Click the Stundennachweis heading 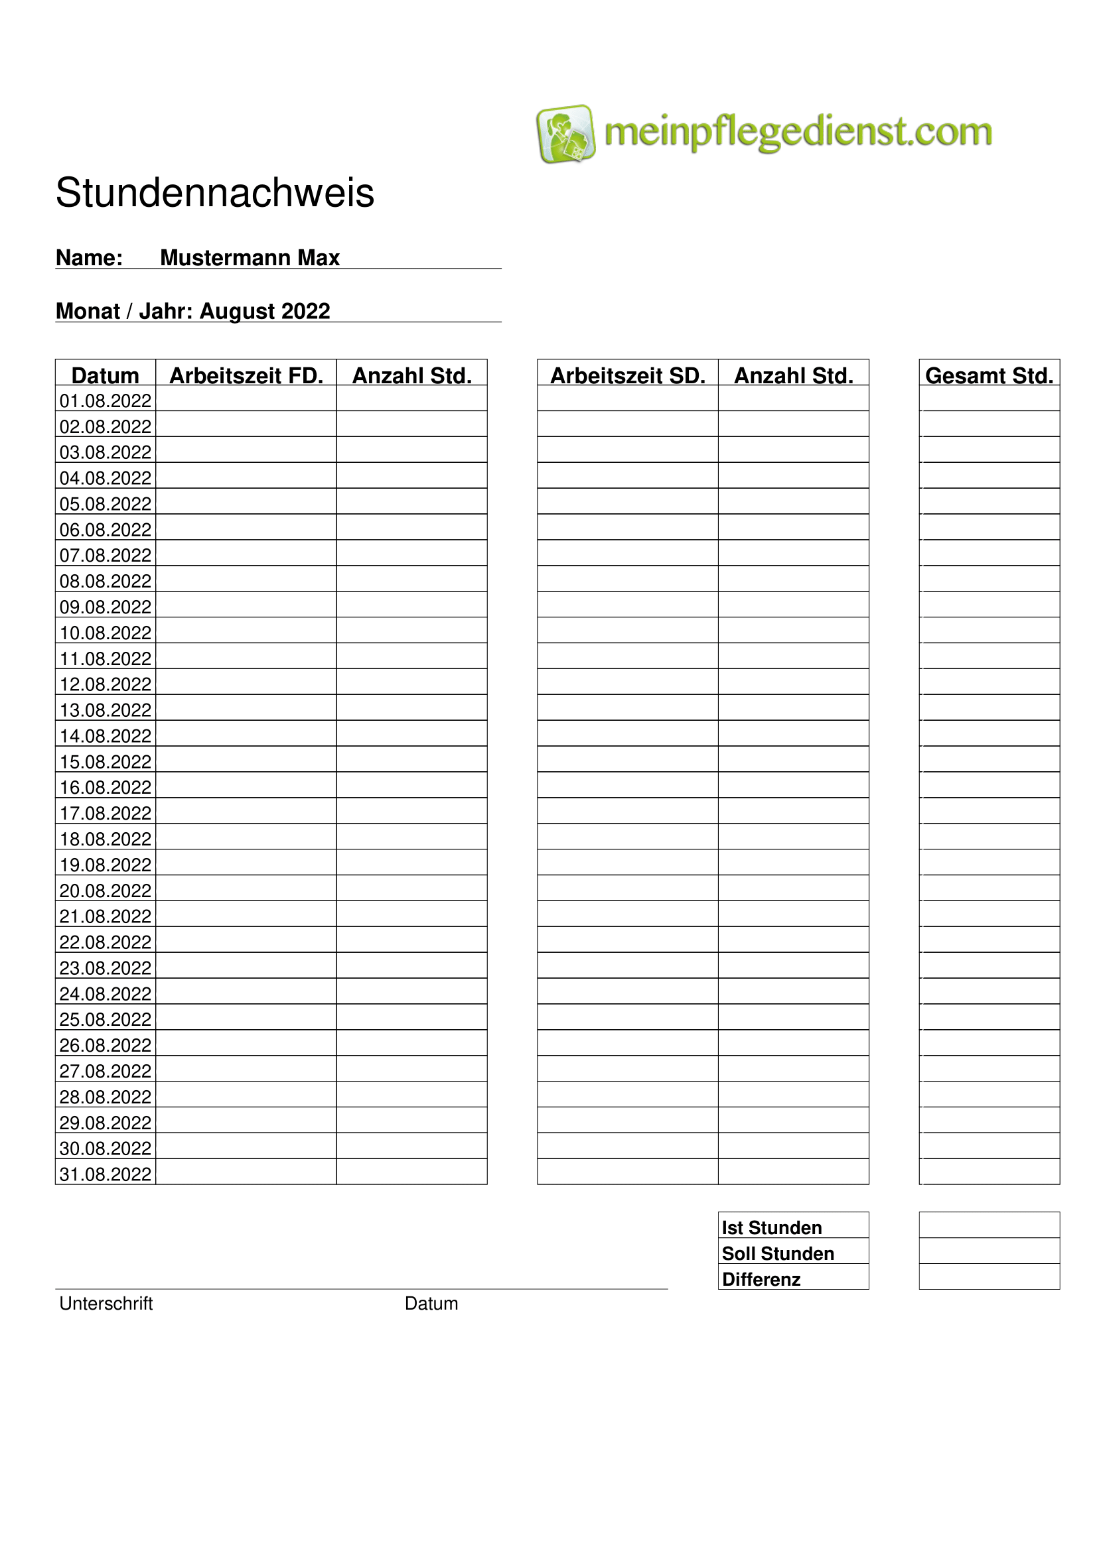pyautogui.click(x=214, y=192)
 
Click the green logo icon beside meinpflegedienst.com pyautogui.click(x=565, y=133)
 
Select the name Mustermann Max pyautogui.click(x=250, y=257)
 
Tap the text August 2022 pyautogui.click(x=264, y=311)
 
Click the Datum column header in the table pyautogui.click(x=106, y=375)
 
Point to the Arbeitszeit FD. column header pyautogui.click(x=246, y=375)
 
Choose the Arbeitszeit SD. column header pyautogui.click(x=627, y=375)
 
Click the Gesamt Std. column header pyautogui.click(x=989, y=375)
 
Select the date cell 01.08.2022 pyautogui.click(x=106, y=401)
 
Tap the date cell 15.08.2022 pyautogui.click(x=106, y=761)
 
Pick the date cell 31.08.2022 pyautogui.click(x=106, y=1174)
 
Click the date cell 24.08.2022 pyautogui.click(x=106, y=994)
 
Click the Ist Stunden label pyautogui.click(x=771, y=1227)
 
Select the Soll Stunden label pyautogui.click(x=777, y=1253)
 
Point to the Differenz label pyautogui.click(x=761, y=1278)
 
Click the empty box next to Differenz pyautogui.click(x=989, y=1276)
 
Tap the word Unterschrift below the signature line pyautogui.click(x=106, y=1303)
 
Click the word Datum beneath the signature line pyautogui.click(x=431, y=1303)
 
